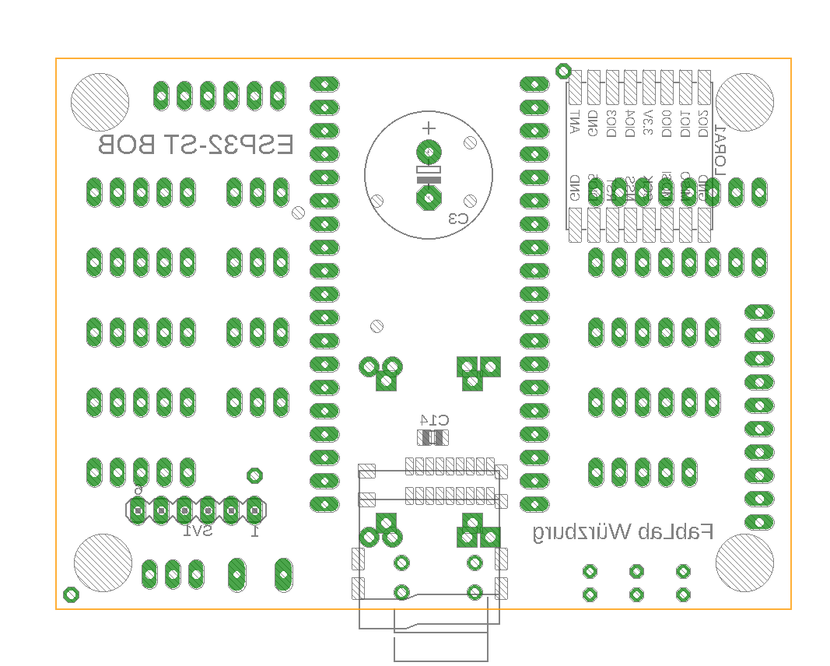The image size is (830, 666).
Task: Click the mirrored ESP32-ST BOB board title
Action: [195, 145]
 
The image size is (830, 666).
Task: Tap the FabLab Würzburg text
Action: [623, 532]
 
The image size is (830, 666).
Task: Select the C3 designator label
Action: [459, 219]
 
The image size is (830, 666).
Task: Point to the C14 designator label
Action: [433, 418]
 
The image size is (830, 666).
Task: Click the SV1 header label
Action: [198, 531]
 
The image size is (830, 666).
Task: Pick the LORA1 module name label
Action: [720, 151]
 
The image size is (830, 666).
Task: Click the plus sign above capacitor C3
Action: [428, 128]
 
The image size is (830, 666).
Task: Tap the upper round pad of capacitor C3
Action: [428, 152]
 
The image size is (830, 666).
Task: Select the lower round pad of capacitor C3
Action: [428, 198]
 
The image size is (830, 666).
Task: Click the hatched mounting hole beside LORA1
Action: [744, 103]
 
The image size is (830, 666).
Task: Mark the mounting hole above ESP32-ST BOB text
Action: [100, 103]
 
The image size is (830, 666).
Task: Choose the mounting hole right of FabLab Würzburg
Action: [744, 562]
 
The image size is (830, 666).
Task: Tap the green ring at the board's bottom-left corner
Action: [71, 594]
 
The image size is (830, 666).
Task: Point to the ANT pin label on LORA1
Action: [575, 123]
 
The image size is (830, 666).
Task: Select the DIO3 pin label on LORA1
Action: [611, 124]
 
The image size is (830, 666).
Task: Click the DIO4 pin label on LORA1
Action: [630, 124]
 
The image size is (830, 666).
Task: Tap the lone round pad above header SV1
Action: [254, 475]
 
